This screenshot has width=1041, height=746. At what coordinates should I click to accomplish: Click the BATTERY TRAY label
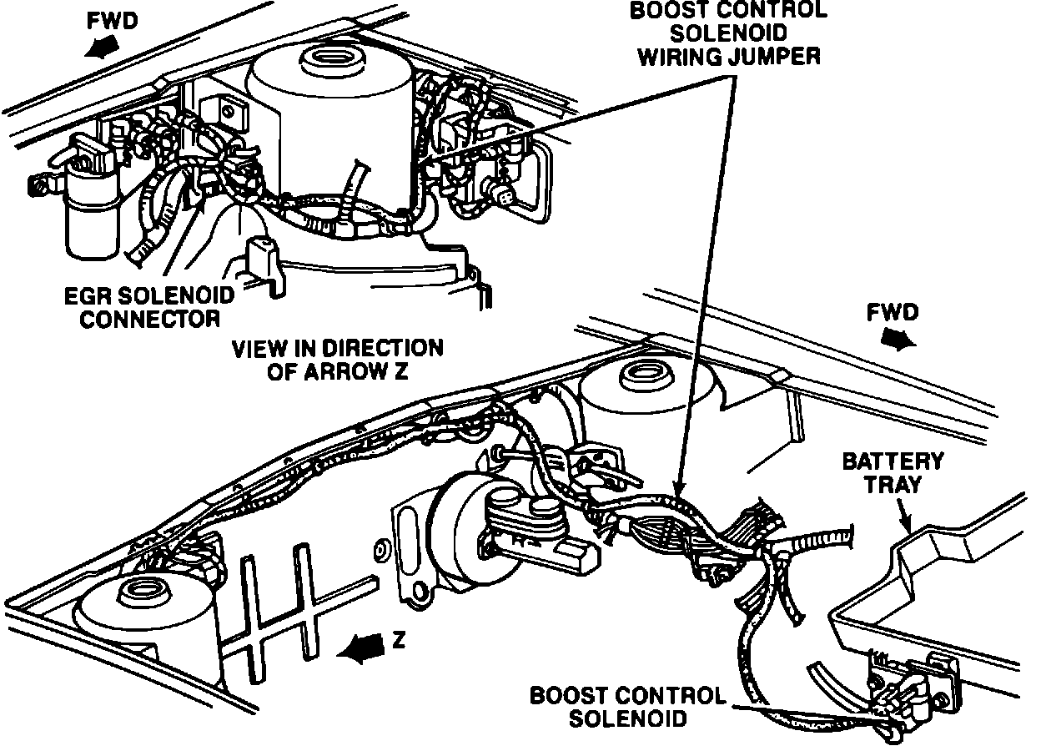(x=892, y=472)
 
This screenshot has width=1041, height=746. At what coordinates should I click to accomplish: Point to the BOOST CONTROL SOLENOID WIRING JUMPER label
(x=728, y=33)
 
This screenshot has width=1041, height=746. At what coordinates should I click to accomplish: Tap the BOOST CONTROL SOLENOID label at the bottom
(x=628, y=706)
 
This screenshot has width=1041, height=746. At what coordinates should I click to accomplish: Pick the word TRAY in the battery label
(x=892, y=485)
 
